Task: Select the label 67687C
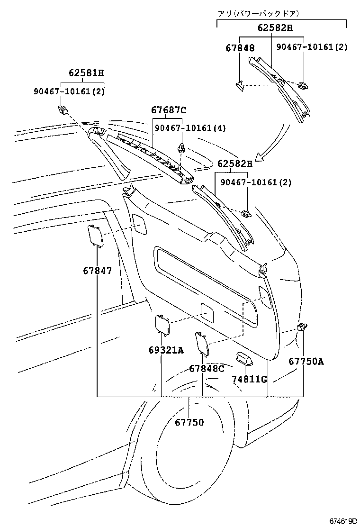169,110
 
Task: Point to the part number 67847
98,271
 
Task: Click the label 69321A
165,350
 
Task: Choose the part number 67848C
207,368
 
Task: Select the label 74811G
249,379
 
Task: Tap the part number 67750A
306,362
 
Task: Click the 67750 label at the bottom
189,422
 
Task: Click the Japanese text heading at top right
258,14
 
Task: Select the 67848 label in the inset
240,48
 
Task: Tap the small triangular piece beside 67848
240,85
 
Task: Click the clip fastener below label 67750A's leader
302,327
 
